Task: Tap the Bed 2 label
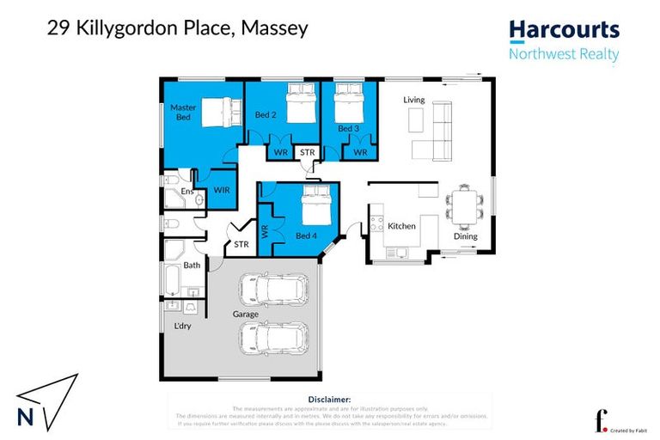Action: point(265,113)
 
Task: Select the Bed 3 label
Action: point(347,128)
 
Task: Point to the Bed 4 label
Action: point(306,235)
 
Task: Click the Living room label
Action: point(414,101)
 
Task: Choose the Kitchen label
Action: point(401,226)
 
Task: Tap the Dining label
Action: point(466,236)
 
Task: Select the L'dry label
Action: point(183,327)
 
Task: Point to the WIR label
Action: point(221,188)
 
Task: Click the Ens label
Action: point(186,191)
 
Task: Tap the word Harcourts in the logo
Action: point(564,30)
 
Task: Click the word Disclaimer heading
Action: point(328,400)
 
